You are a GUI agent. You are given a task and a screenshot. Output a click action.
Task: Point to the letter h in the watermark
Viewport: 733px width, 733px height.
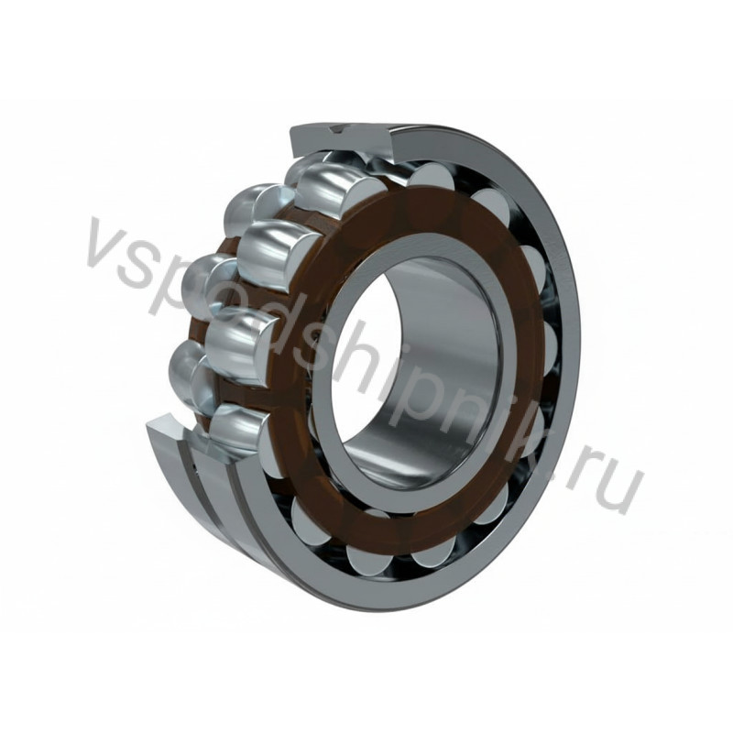[x=374, y=359]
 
